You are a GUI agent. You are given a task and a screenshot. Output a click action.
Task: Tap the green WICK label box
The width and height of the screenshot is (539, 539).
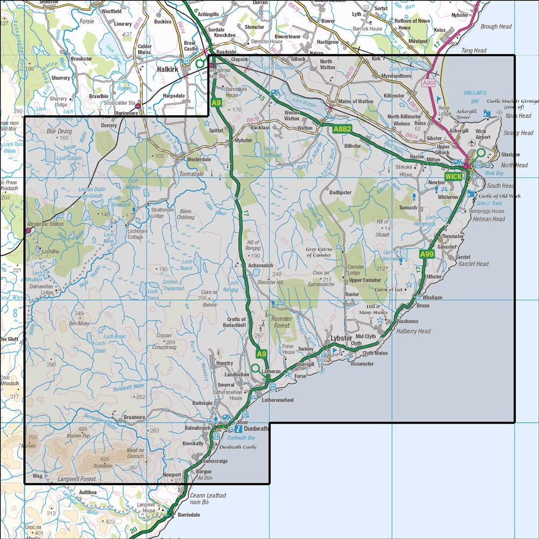tap(453, 176)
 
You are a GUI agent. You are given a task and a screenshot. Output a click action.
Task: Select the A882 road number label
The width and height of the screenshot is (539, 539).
tap(342, 129)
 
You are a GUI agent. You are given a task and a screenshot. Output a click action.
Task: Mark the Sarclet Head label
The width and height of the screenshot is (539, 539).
tap(472, 264)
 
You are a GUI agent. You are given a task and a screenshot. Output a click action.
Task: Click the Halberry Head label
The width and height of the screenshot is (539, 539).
tap(413, 331)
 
